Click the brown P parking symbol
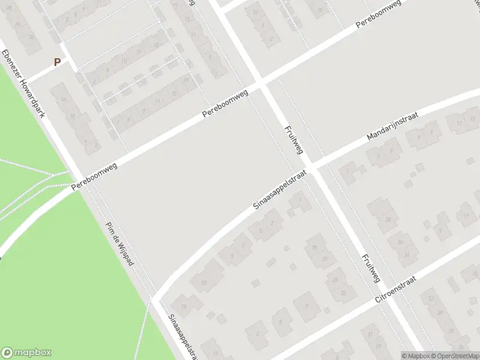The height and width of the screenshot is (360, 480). click(x=58, y=62)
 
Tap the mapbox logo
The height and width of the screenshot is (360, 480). click(x=26, y=353)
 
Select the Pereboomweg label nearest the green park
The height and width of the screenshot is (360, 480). click(x=94, y=178)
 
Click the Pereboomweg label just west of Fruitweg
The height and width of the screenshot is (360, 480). click(x=225, y=104)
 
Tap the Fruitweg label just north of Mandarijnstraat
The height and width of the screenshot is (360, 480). click(x=292, y=140)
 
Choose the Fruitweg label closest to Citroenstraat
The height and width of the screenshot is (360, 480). click(x=371, y=268)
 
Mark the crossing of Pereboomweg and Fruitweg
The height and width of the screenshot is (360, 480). click(x=262, y=83)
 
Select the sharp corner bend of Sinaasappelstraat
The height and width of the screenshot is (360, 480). click(x=154, y=297)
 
